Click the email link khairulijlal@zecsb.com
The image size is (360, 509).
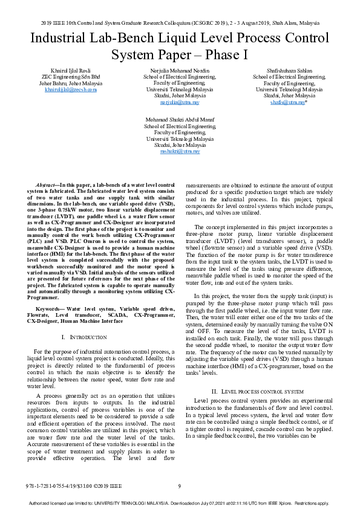(71, 89)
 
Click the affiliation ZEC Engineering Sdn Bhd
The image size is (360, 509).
(71, 77)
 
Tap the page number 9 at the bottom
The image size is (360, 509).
(179, 486)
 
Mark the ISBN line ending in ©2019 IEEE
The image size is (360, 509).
(74, 486)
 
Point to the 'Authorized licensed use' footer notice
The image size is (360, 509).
(180, 503)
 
